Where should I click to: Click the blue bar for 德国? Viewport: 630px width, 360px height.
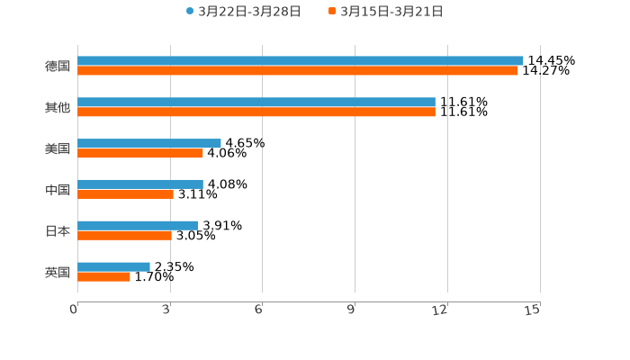[301, 60]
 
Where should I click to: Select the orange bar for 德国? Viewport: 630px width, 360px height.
[297, 70]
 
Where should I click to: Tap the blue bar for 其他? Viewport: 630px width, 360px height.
[256, 102]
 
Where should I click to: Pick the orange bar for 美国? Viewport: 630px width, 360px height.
[140, 153]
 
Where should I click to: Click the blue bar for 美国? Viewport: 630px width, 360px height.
[149, 143]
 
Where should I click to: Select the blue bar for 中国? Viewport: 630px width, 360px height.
[140, 184]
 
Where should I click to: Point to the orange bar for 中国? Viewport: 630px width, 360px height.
[125, 193]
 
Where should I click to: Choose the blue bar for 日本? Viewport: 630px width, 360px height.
[138, 225]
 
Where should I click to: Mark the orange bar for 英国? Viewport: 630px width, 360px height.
[103, 276]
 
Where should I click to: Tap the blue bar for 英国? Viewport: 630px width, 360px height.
[113, 266]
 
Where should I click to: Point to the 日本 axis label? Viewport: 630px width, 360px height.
[58, 230]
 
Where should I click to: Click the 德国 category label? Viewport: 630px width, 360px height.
[58, 66]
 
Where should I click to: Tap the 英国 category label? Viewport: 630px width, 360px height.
[58, 272]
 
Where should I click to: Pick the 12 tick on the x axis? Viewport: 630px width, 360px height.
[441, 310]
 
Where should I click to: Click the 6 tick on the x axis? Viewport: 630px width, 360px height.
[258, 310]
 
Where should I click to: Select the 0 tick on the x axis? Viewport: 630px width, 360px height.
[74, 310]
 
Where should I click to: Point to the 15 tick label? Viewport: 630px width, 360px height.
[533, 310]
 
